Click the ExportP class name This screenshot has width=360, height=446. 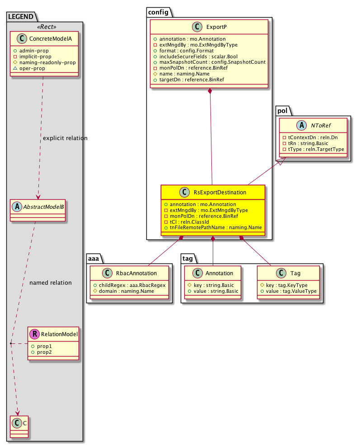215,27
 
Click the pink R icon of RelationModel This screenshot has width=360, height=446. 33,334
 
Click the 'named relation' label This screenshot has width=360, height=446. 50,283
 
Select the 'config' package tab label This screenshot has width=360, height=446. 158,12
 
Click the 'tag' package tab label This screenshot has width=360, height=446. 187,258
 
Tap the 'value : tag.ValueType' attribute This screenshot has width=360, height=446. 290,291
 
